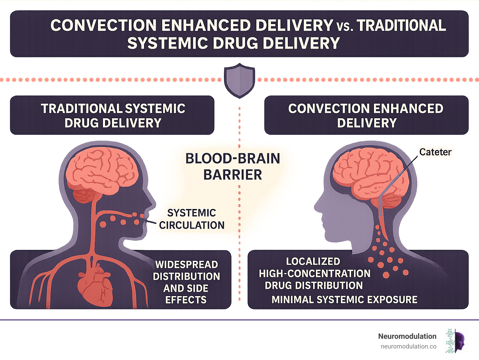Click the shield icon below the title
(239, 80)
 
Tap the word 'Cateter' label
(435, 152)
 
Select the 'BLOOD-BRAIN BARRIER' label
(233, 167)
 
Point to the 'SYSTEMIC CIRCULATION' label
(191, 219)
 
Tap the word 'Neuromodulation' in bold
(407, 336)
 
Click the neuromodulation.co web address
(408, 346)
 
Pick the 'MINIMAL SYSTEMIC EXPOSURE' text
(344, 299)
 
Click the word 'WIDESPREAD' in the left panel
(186, 265)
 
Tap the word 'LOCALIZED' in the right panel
(313, 261)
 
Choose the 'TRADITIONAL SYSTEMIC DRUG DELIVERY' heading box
(112, 115)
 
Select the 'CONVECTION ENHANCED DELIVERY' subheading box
(366, 115)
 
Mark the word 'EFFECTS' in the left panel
(186, 300)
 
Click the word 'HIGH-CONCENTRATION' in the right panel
(314, 274)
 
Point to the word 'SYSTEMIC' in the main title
(167, 43)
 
